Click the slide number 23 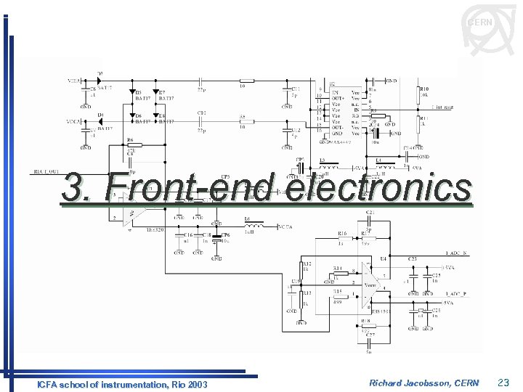coord(504,383)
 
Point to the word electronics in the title coord(378,187)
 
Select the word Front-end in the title coord(189,187)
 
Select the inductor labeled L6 coord(247,220)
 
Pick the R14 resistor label coord(337,269)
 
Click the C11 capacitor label coord(296,89)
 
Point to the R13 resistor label coord(307,293)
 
